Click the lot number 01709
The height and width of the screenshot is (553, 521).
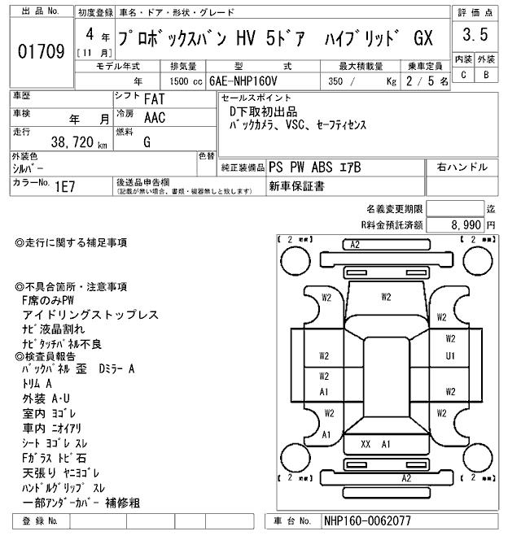41,53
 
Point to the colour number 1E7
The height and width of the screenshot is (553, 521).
65,185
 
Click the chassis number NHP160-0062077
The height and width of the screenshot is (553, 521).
367,520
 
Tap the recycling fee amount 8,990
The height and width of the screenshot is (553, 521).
466,224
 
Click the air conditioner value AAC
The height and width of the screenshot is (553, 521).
154,118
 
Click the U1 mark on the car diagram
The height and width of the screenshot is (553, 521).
450,356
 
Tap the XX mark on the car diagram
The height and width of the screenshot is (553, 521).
366,444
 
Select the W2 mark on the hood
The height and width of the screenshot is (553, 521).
386,297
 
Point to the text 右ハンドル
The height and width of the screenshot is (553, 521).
462,168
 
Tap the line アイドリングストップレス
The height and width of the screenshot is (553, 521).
90,315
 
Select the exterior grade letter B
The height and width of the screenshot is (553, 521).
486,75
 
